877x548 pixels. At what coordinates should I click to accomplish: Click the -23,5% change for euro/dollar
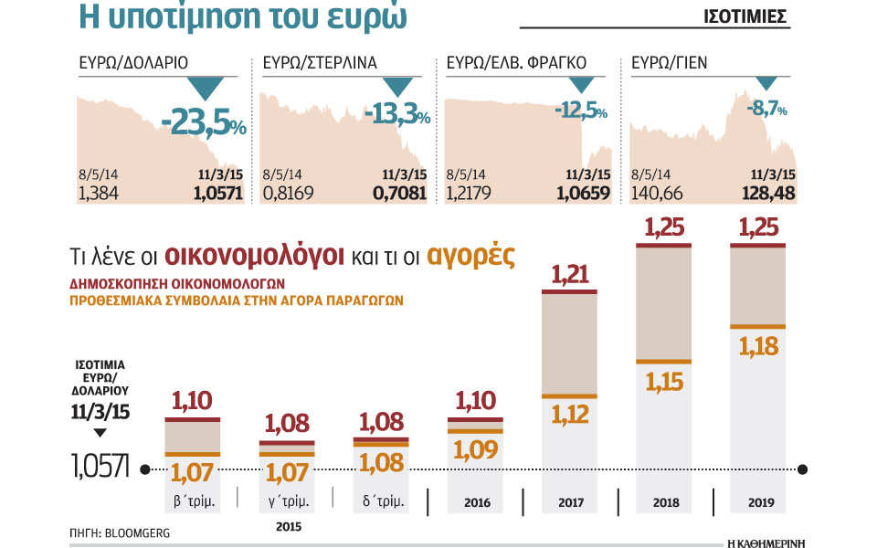click(203, 124)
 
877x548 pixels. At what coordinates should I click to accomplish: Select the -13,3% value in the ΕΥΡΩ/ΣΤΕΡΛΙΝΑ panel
click(396, 114)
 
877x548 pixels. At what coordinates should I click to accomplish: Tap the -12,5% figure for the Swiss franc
click(581, 111)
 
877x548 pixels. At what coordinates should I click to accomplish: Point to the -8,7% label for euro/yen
click(768, 109)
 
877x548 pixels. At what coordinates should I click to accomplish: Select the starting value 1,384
click(98, 193)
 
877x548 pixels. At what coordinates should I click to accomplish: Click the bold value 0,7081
click(398, 193)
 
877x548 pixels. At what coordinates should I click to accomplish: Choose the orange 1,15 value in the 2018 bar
click(664, 381)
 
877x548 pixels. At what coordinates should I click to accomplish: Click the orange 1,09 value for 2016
click(475, 450)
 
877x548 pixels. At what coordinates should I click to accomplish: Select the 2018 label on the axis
click(664, 502)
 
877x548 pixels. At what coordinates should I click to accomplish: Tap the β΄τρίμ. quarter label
click(192, 501)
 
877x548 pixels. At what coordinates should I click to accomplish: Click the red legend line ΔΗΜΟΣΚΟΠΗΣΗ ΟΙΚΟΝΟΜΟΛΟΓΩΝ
click(178, 282)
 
